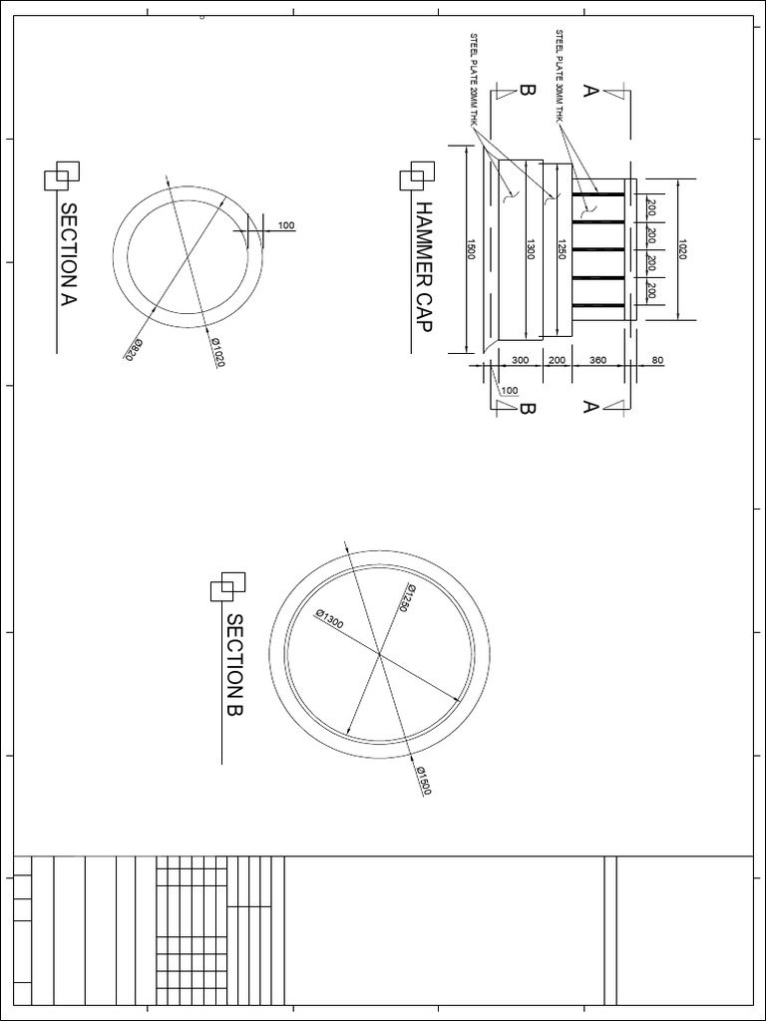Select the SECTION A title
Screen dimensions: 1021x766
coord(69,254)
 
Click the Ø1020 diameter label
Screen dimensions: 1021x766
coord(216,351)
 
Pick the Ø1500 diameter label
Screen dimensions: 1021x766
coord(423,781)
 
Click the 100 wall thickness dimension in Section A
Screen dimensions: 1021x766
coord(286,226)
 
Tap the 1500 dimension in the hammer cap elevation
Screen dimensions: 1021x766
coord(472,249)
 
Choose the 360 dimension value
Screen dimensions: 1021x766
coord(598,360)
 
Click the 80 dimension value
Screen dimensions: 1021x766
coord(657,360)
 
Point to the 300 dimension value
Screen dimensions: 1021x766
coord(520,360)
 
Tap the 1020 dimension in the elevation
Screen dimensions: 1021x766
coord(681,249)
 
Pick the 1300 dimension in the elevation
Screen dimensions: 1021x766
coord(530,249)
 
